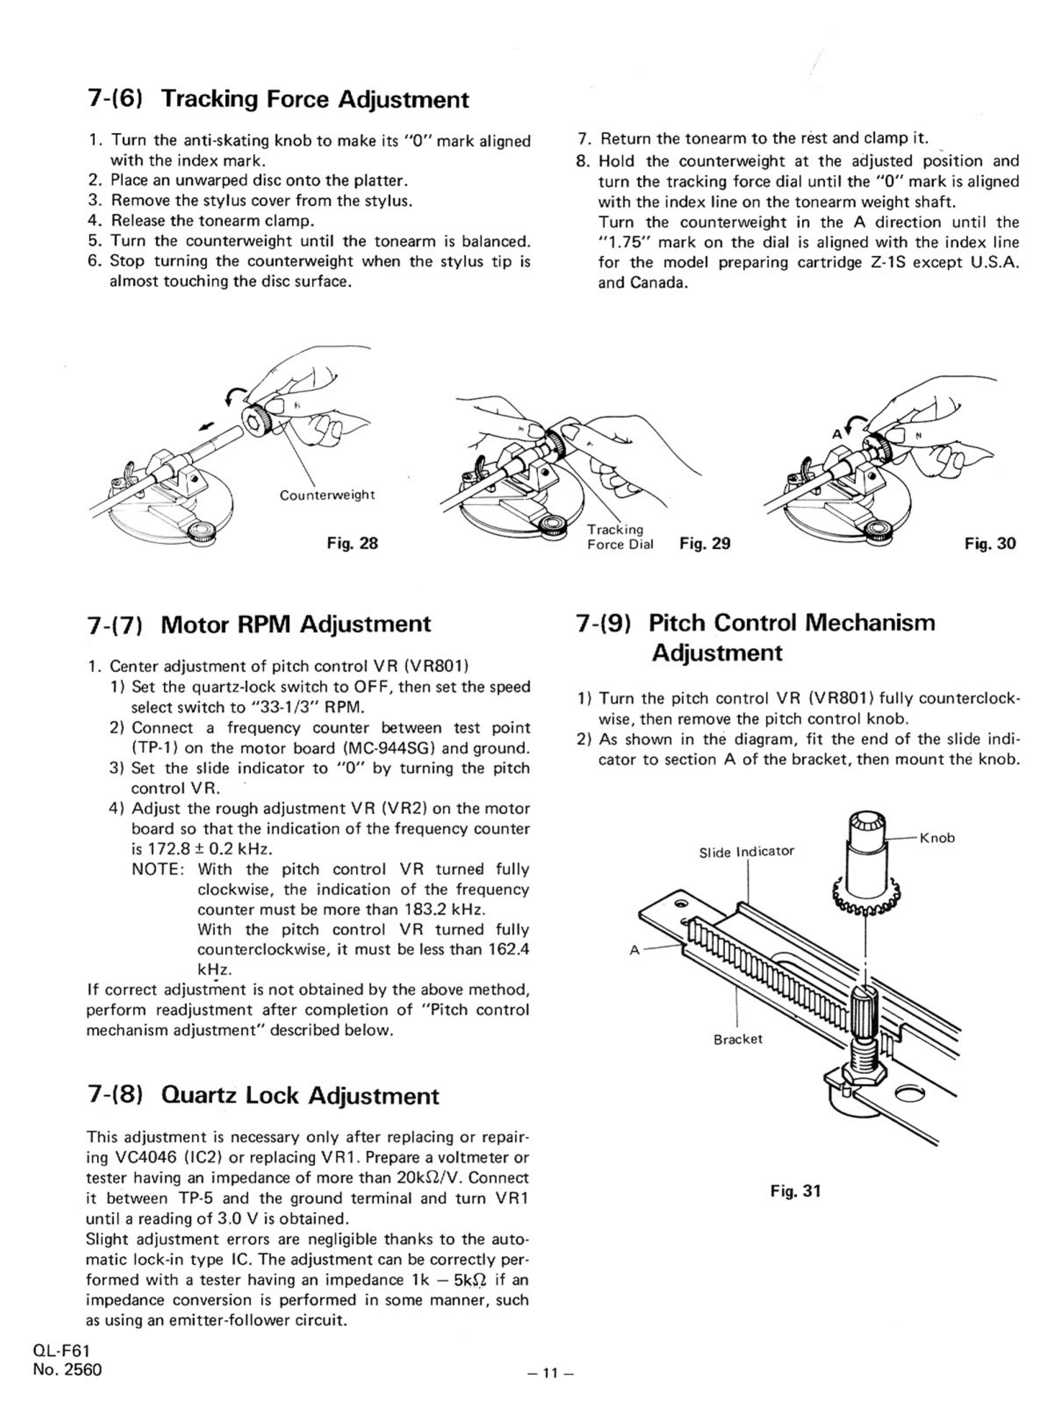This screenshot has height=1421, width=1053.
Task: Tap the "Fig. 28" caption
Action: [352, 543]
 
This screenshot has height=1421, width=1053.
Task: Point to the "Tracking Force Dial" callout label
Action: [619, 536]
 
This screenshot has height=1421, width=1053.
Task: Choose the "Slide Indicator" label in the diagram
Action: [746, 851]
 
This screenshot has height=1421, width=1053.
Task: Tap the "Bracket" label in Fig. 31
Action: [738, 1039]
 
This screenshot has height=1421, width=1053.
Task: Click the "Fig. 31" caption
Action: [795, 1190]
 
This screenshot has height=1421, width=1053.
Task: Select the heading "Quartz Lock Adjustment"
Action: [263, 1096]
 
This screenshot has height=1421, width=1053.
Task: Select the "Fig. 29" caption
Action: [705, 543]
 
